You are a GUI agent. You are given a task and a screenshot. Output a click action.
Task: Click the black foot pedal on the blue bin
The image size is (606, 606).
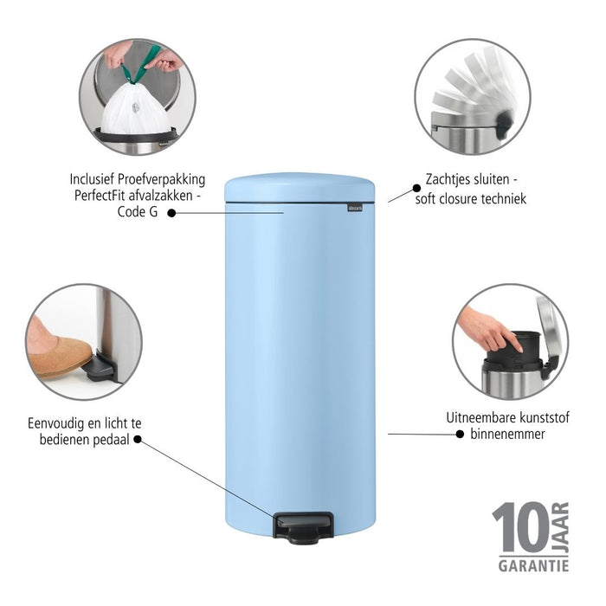click(x=304, y=526)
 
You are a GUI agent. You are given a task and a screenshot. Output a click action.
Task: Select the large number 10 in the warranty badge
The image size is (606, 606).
click(x=519, y=529)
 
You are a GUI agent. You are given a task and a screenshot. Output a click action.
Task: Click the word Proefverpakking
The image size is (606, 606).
click(x=162, y=179)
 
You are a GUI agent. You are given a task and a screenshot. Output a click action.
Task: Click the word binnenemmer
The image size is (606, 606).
click(x=509, y=433)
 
